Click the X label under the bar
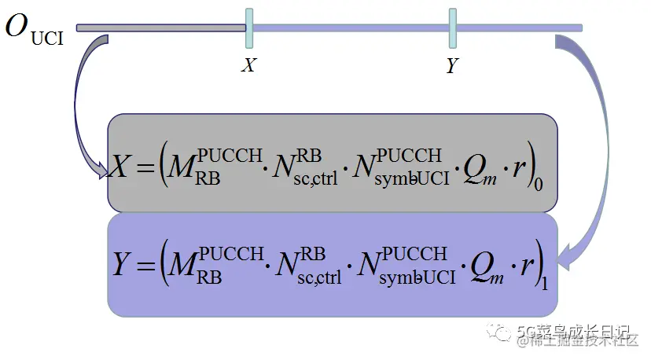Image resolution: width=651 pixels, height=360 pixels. pos(248,65)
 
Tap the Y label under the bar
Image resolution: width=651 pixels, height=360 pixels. pos(452,66)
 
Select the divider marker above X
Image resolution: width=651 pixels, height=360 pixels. pos(249,28)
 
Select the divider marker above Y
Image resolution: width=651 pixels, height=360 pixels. pos(453,28)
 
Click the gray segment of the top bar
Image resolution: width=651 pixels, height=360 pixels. pos(161,28)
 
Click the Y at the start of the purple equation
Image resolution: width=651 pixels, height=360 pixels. pos(121,266)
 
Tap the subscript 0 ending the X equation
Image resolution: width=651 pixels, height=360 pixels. pos(538,186)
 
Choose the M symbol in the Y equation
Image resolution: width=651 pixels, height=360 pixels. pos(184,267)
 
